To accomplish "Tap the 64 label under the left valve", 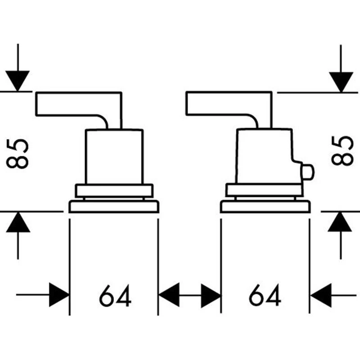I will click(x=115, y=296).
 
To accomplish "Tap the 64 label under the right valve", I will click(x=265, y=296).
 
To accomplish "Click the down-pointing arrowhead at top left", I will click(x=18, y=81).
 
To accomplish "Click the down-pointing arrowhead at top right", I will click(x=341, y=81).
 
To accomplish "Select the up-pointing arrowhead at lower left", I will click(x=18, y=221).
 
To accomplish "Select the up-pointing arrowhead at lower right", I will click(x=340, y=221).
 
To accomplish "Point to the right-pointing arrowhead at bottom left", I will click(x=59, y=295).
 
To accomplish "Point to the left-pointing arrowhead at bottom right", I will click(x=320, y=295).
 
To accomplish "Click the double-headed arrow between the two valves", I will click(x=189, y=296).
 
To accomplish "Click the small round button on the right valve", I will click(x=308, y=171).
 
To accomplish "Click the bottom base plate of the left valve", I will click(x=114, y=207).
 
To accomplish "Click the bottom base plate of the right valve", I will click(x=265, y=207).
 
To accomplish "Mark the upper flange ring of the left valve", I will click(x=114, y=190).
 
